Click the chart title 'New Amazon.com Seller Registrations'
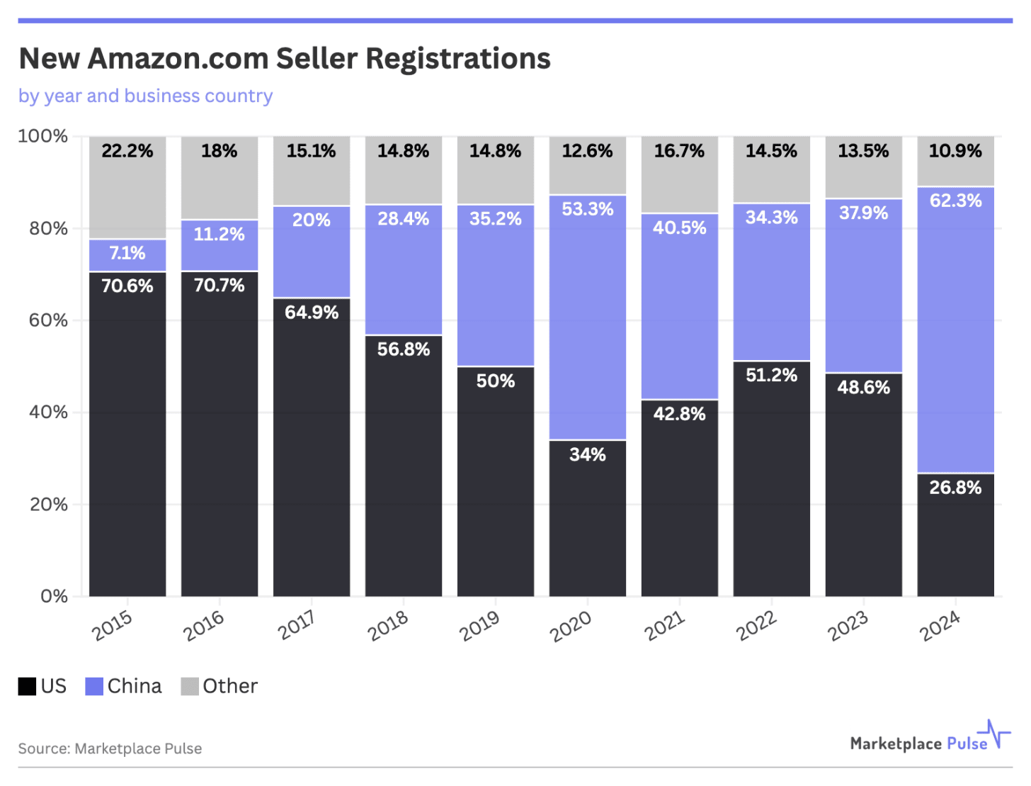click(x=285, y=59)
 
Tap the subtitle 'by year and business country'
click(x=145, y=96)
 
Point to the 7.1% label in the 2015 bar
click(x=127, y=253)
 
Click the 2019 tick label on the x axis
click(x=479, y=626)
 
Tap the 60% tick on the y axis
click(x=48, y=320)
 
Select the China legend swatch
click(x=94, y=686)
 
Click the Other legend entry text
click(x=230, y=686)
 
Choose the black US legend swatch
click(x=27, y=686)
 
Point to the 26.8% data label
click(x=955, y=488)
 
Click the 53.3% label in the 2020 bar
click(x=587, y=209)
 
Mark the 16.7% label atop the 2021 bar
click(x=679, y=151)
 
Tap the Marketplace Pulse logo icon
click(x=994, y=734)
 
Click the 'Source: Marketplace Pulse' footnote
click(x=110, y=748)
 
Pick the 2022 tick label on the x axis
click(x=756, y=626)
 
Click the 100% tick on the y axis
click(x=43, y=136)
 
